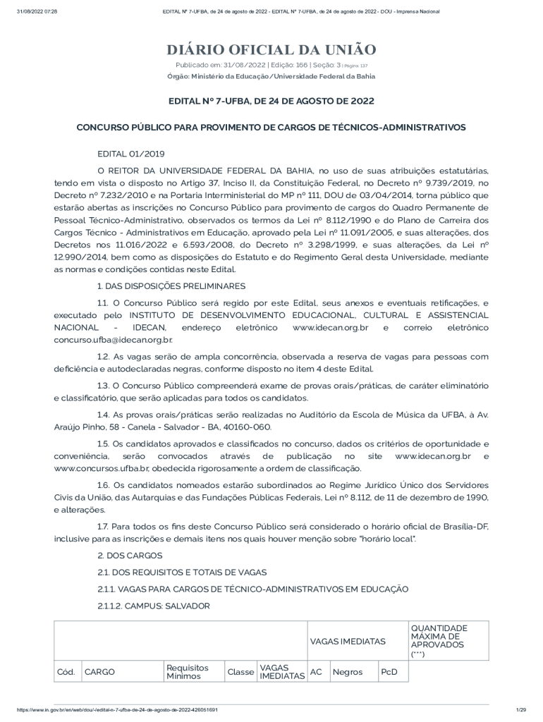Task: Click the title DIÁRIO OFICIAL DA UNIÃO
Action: pyautogui.click(x=271, y=49)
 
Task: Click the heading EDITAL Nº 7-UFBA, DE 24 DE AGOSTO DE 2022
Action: pyautogui.click(x=271, y=101)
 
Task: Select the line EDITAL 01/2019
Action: pyautogui.click(x=130, y=153)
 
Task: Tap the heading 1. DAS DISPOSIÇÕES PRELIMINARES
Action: pyautogui.click(x=171, y=286)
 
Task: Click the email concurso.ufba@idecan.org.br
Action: pyautogui.click(x=113, y=339)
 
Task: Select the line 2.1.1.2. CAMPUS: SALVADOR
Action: pyautogui.click(x=153, y=606)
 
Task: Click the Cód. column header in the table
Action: pyautogui.click(x=66, y=672)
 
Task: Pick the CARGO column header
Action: pyautogui.click(x=99, y=672)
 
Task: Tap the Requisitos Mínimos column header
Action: pyautogui.click(x=187, y=672)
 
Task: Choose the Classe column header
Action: pyautogui.click(x=240, y=672)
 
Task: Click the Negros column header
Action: pyautogui.click(x=347, y=672)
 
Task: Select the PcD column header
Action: pyautogui.click(x=389, y=672)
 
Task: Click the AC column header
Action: pyautogui.click(x=316, y=672)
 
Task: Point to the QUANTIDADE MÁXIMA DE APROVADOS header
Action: pyautogui.click(x=439, y=640)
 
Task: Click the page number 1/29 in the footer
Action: pyautogui.click(x=521, y=709)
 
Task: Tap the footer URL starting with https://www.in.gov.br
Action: pyautogui.click(x=117, y=709)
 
